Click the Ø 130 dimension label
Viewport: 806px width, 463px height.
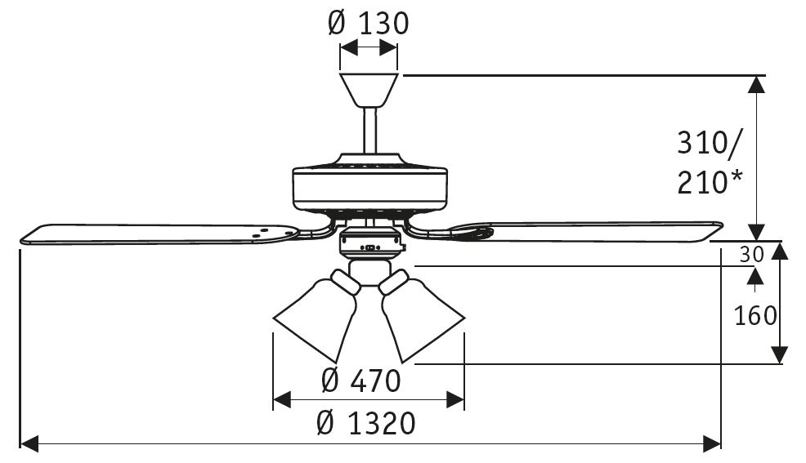pos(368,23)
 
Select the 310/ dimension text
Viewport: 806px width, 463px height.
pos(710,144)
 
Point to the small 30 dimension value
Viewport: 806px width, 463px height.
pos(751,255)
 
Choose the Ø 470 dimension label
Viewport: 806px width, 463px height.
pos(361,381)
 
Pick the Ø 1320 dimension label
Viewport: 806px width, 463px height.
pos(365,423)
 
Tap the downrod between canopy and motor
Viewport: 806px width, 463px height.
pos(369,131)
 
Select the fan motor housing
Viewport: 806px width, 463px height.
pos(369,186)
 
